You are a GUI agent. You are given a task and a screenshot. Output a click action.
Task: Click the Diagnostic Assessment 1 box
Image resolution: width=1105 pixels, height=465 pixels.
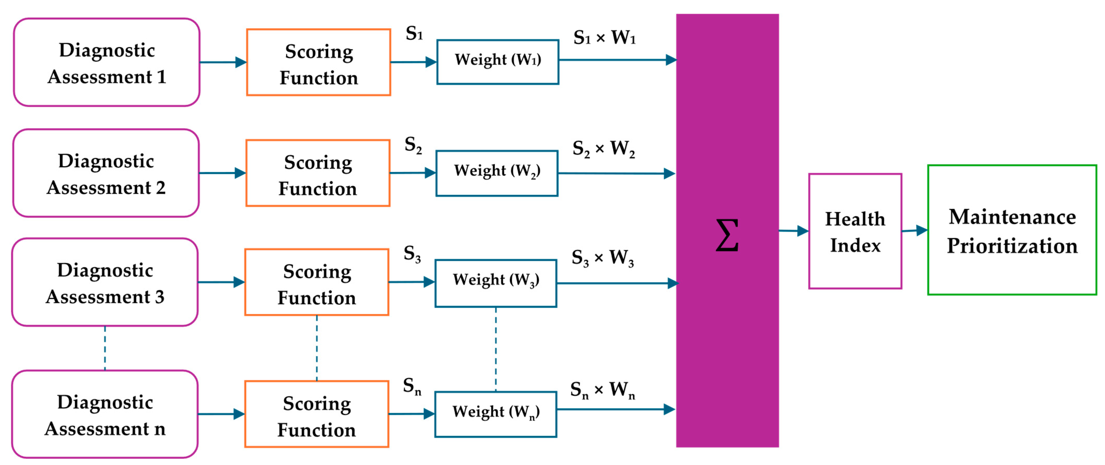pos(106,62)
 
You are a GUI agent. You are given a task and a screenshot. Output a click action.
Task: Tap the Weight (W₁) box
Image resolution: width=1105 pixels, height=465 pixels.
pos(498,62)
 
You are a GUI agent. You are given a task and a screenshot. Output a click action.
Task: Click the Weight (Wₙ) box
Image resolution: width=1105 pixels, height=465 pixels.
pos(496,414)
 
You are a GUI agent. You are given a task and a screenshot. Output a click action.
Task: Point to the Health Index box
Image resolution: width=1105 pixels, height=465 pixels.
pos(855,231)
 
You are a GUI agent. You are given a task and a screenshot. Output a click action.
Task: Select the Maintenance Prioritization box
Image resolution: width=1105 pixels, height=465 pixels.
pos(1012,230)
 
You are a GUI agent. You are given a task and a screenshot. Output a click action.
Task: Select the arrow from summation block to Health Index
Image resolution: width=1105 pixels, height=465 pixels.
pos(794,231)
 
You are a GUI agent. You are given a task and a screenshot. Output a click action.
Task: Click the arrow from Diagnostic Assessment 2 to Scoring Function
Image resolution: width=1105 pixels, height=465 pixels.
pos(222,173)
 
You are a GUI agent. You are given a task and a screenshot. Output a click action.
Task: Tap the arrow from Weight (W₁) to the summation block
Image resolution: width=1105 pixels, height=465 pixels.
pos(618,60)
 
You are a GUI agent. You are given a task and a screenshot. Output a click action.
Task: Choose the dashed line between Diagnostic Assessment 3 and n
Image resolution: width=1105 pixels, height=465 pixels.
pos(105,348)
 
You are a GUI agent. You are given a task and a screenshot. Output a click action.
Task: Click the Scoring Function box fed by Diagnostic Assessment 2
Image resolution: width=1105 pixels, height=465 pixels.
pos(318,173)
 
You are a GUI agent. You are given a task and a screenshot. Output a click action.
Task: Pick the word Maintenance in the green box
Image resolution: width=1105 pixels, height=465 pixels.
pos(1012,217)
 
